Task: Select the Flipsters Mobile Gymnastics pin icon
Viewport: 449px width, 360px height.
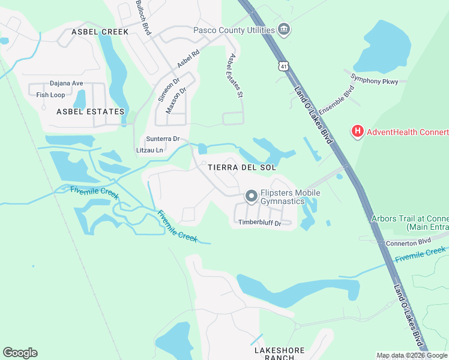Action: (251, 196)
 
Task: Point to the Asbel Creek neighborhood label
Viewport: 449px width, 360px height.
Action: (100, 31)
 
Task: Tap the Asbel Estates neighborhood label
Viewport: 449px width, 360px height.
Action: (90, 112)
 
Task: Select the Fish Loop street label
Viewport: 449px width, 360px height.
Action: (50, 95)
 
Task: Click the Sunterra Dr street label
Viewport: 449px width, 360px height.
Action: (163, 139)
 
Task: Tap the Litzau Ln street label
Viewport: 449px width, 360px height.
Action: (149, 150)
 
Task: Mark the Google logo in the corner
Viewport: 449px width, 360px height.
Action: (20, 353)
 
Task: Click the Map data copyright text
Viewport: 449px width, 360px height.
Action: (412, 355)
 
